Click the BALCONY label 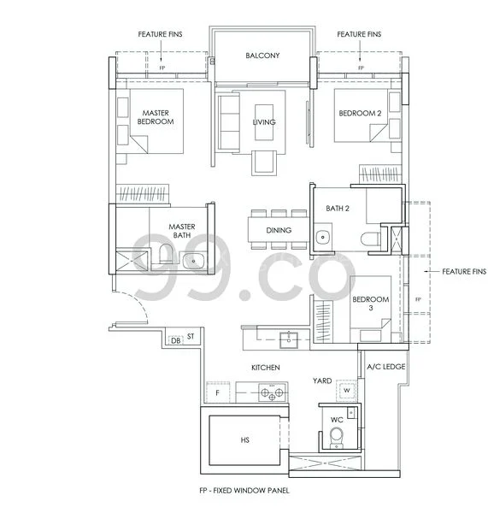[x=262, y=56]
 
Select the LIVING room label [x=264, y=122]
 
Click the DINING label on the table [x=279, y=230]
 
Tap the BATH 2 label [x=338, y=209]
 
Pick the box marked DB [x=175, y=340]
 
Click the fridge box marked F [x=217, y=392]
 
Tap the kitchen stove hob [x=272, y=393]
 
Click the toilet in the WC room [x=338, y=437]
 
